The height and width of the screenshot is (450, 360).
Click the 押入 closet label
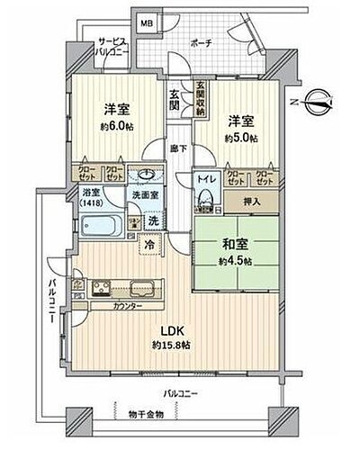tap(255, 203)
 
